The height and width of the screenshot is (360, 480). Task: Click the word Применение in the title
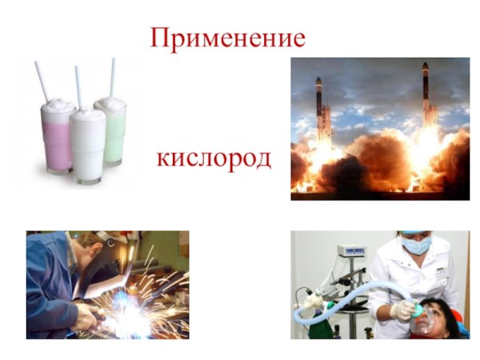(228, 38)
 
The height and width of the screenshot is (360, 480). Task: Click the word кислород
(214, 157)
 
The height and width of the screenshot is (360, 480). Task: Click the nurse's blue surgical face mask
(417, 244)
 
